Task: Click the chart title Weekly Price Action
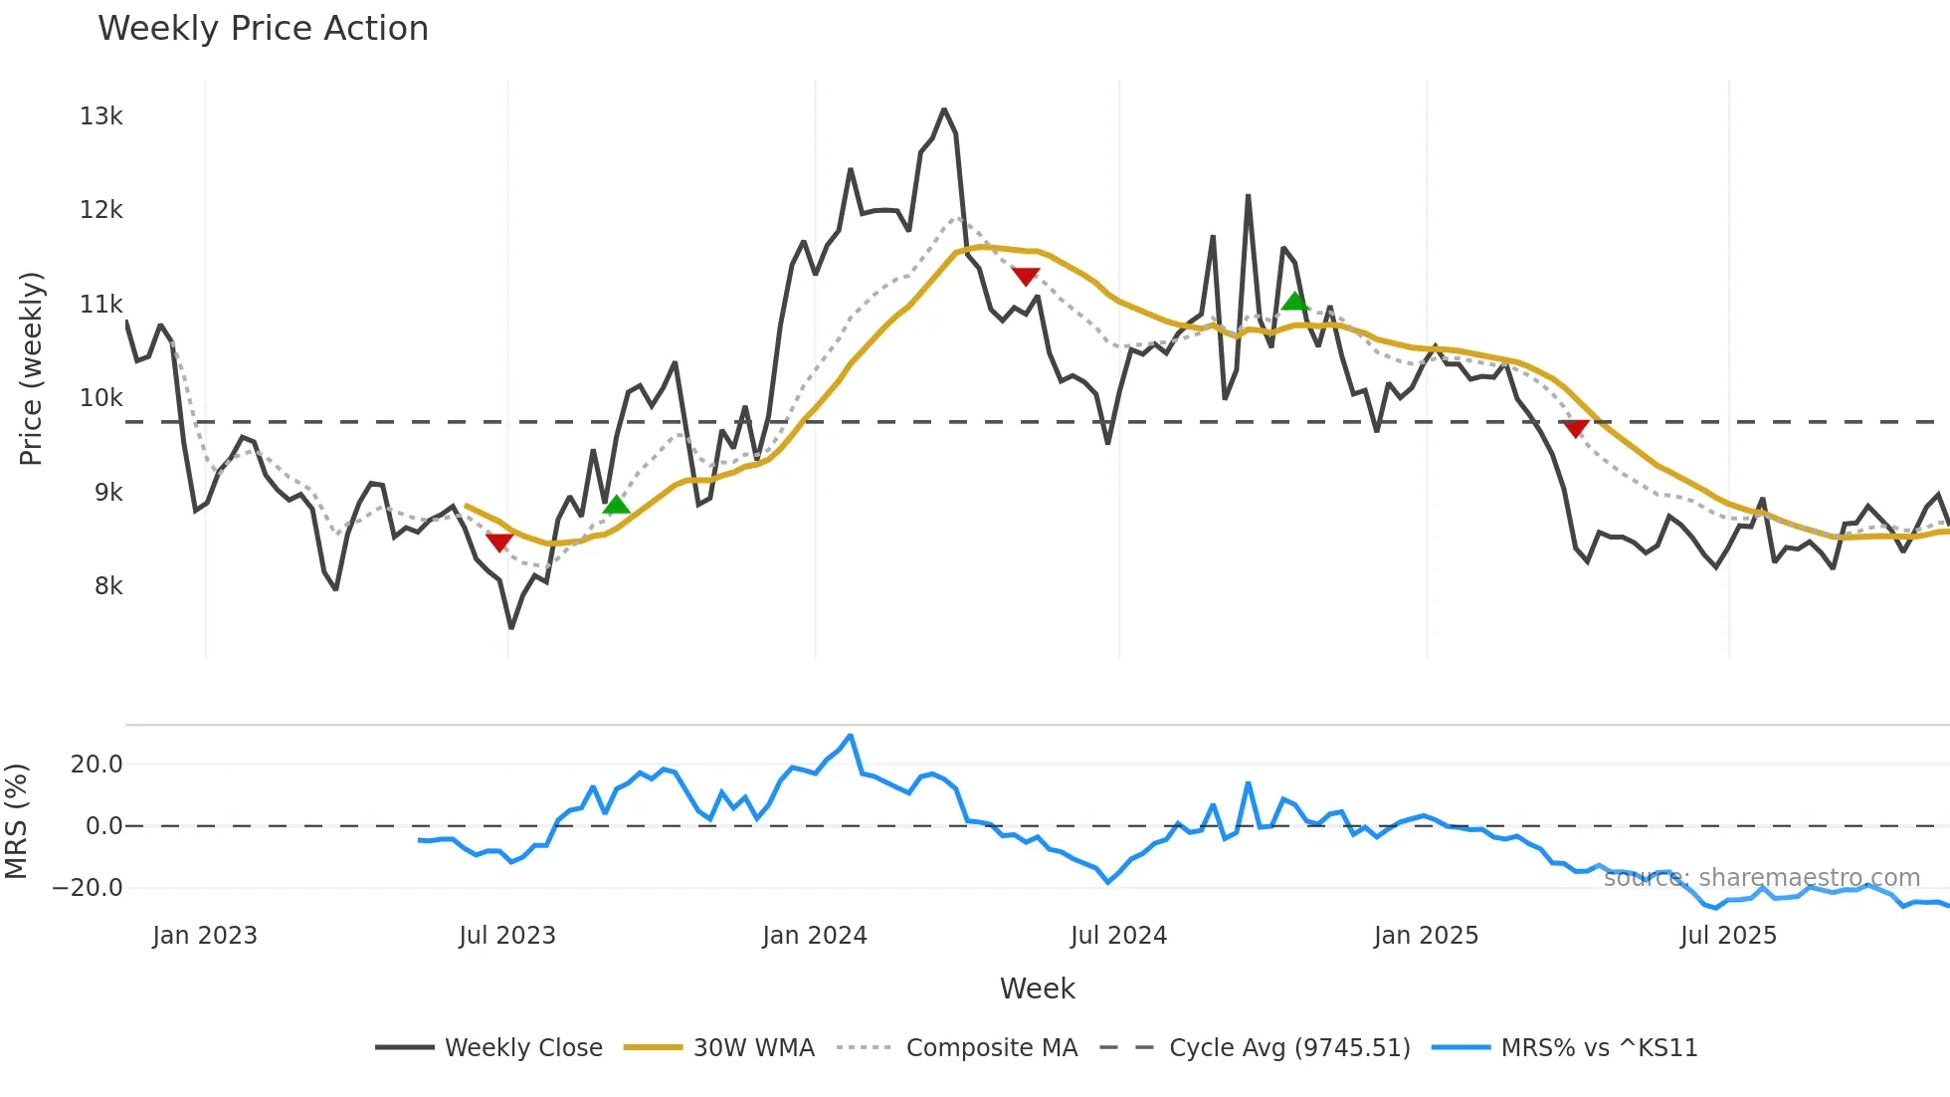click(x=263, y=29)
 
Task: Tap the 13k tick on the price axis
click(x=100, y=116)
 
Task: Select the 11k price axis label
click(x=100, y=305)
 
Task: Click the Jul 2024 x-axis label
click(x=1118, y=936)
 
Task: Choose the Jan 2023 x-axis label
click(x=205, y=936)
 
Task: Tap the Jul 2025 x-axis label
click(x=1728, y=936)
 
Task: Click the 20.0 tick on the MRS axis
click(x=97, y=765)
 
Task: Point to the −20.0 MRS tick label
click(x=88, y=888)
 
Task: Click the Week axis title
click(x=1037, y=988)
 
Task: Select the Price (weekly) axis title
click(x=31, y=368)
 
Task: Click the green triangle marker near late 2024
click(x=1294, y=301)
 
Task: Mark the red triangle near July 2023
click(x=499, y=542)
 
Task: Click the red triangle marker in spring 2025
click(x=1576, y=428)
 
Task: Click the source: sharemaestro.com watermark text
click(x=1761, y=878)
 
